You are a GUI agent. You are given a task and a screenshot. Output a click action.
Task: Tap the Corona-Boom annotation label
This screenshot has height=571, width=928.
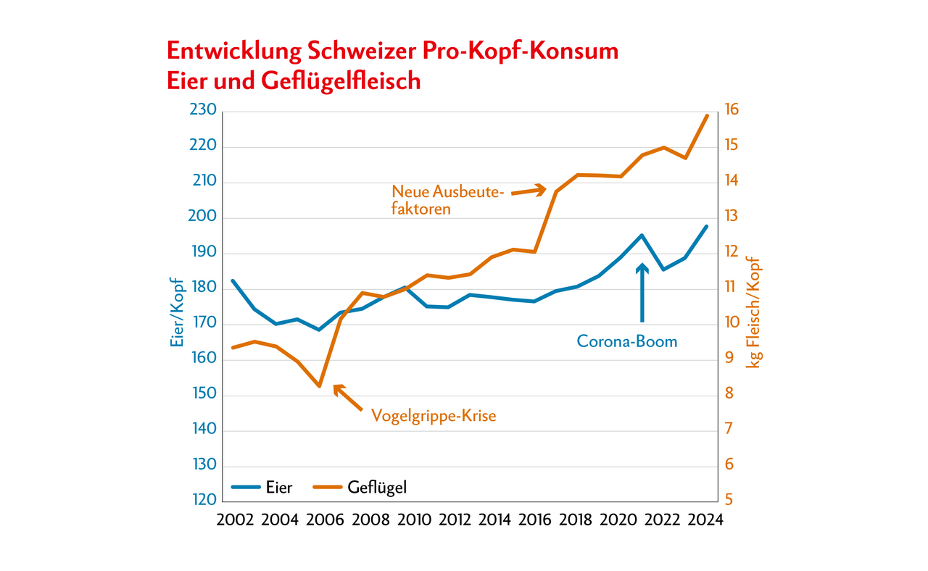point(626,341)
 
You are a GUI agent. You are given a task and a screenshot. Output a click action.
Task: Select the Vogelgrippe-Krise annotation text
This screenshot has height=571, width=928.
point(434,416)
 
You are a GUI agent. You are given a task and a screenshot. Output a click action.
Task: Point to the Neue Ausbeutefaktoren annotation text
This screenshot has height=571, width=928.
point(447,200)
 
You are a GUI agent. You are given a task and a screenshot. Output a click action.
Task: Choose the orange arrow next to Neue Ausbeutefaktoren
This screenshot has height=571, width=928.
point(529,191)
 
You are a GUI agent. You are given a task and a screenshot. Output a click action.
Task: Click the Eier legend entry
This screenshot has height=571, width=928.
point(262,487)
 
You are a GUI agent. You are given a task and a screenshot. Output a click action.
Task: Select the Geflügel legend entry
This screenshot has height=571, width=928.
point(360,487)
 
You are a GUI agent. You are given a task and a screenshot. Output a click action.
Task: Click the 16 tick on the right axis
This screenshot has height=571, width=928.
point(731,111)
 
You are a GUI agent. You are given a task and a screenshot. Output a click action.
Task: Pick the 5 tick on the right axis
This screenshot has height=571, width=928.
point(728,501)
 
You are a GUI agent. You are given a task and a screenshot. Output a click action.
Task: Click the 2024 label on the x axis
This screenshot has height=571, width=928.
point(705,521)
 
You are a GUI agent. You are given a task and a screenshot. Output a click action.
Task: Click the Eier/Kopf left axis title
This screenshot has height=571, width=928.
point(177,312)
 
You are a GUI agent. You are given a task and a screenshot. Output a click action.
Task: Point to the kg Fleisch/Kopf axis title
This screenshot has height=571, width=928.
point(755,312)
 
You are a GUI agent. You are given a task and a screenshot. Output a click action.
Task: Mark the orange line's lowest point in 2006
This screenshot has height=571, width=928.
point(319,386)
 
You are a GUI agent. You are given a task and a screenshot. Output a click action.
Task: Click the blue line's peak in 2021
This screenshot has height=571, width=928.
point(642,235)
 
